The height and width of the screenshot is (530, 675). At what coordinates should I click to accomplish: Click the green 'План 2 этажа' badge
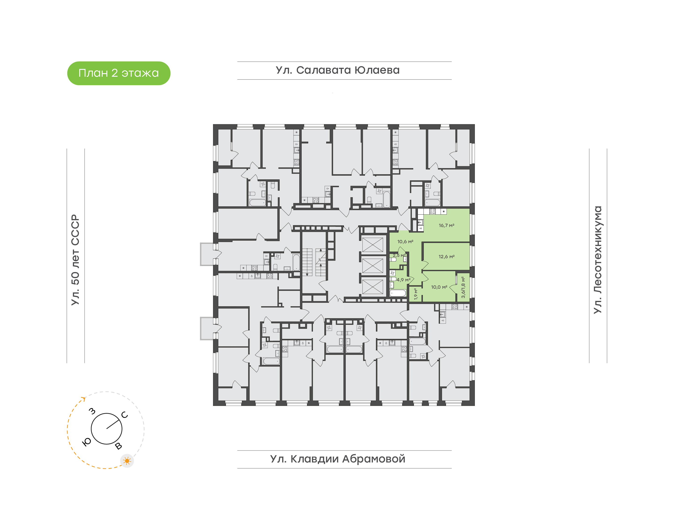119,73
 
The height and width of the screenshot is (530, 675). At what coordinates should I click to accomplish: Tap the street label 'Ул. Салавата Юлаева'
338,70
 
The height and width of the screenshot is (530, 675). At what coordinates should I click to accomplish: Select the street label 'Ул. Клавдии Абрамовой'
338,459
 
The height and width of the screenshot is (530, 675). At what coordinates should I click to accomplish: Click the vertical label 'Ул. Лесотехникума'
597,260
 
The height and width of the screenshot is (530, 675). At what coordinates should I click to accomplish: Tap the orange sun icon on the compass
127,461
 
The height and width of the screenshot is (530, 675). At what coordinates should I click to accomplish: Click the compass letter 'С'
125,415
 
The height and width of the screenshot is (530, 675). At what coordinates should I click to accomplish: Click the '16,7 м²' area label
446,225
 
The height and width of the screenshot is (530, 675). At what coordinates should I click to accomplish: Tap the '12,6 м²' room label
446,257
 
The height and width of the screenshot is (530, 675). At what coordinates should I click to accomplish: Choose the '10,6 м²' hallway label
405,241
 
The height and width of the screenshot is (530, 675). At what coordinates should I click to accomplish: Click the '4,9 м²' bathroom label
403,280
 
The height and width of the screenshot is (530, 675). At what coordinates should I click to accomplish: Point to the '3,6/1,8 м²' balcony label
463,287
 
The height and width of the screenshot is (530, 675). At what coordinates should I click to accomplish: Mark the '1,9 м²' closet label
416,294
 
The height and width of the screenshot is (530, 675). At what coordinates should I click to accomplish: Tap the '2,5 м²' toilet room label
399,255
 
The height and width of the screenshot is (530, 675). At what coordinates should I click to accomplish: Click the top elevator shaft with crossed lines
373,245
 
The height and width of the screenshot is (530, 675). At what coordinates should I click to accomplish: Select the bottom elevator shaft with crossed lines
373,286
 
